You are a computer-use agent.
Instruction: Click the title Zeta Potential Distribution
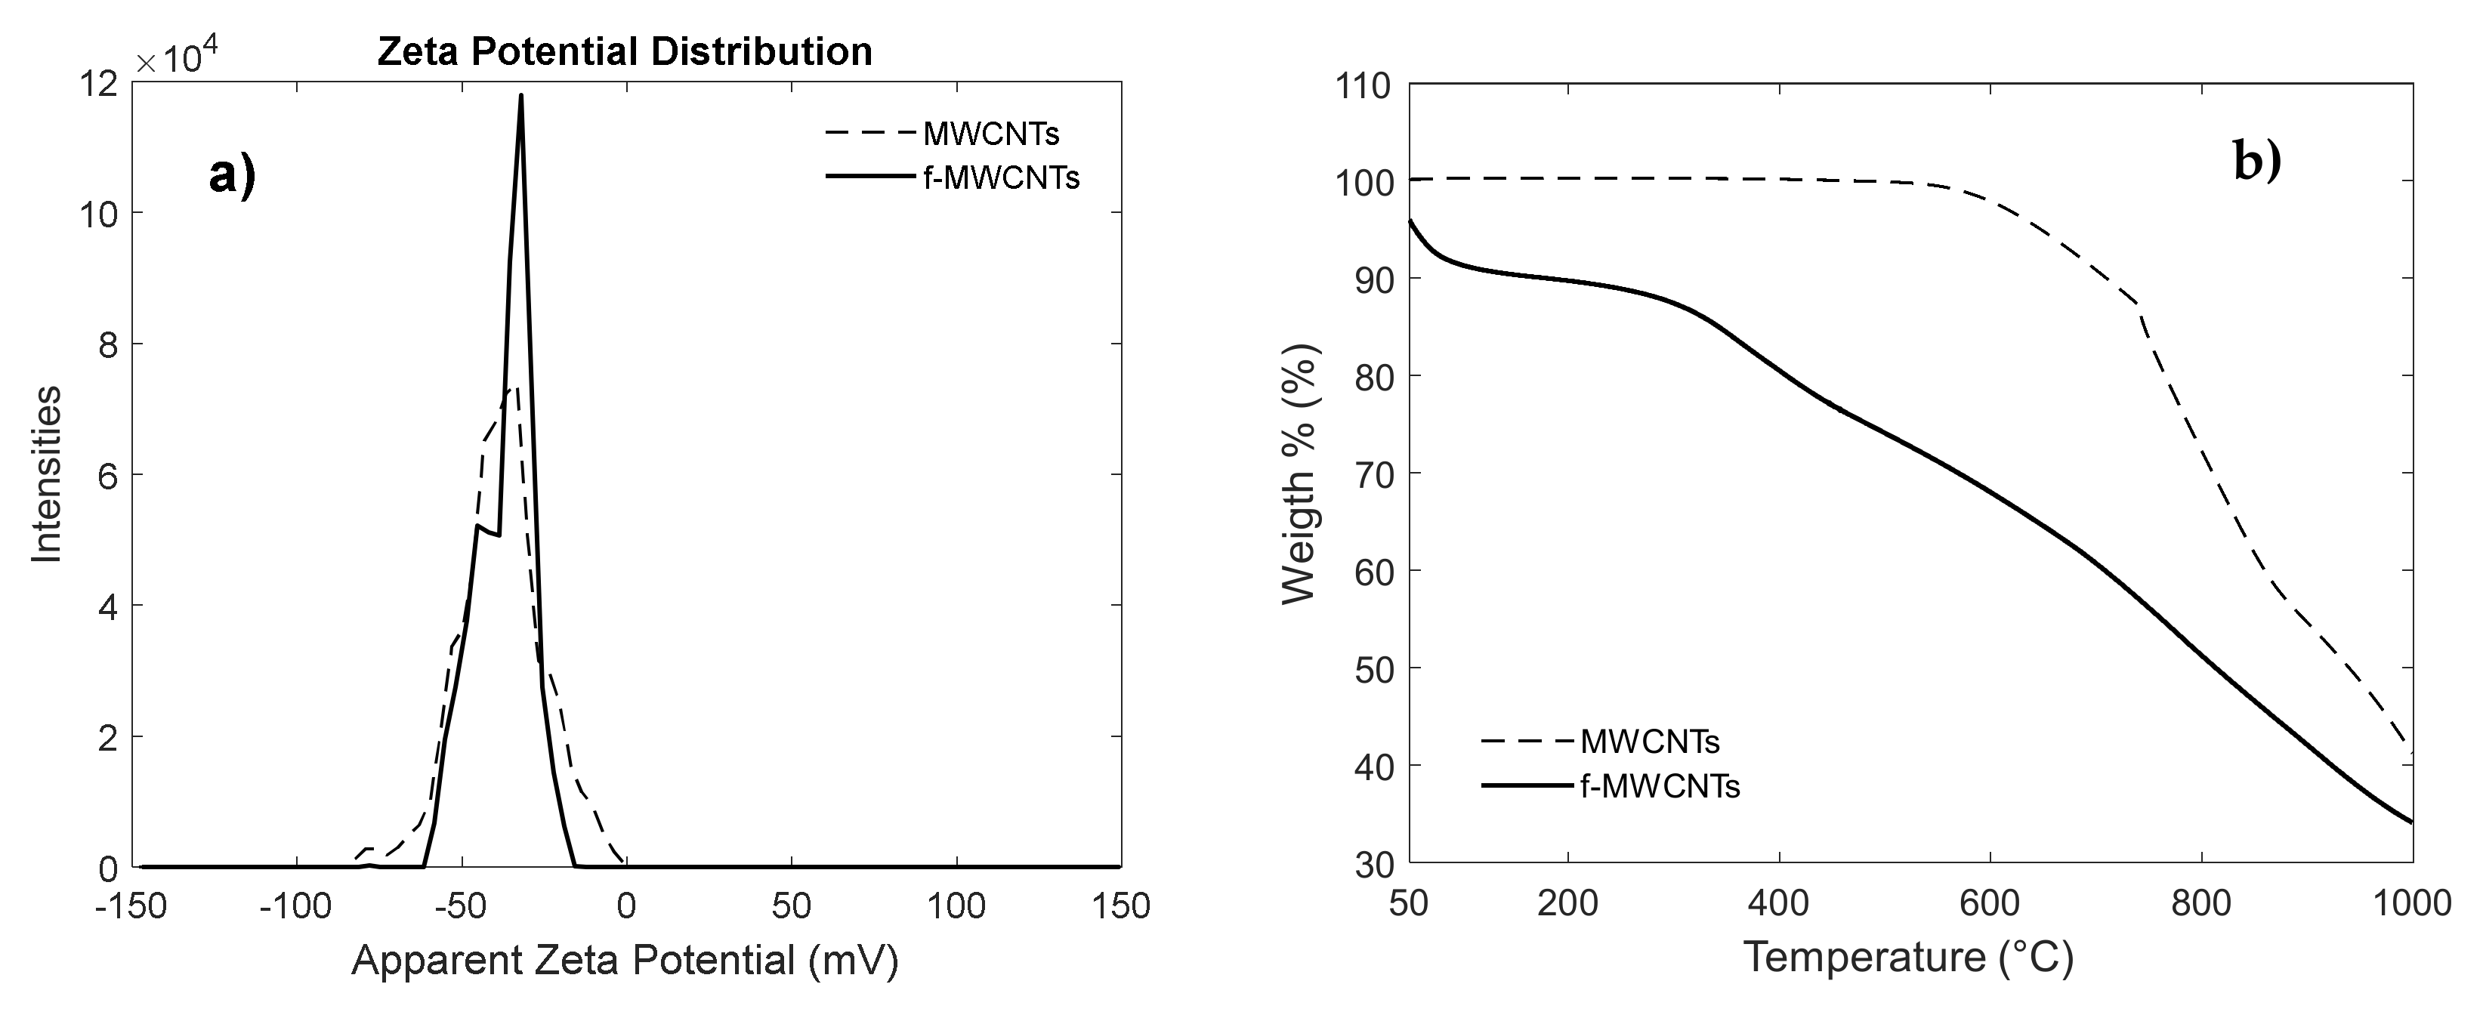pos(624,51)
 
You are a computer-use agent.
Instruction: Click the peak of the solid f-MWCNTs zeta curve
pos(520,94)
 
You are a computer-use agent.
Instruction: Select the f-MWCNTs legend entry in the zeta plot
pos(999,178)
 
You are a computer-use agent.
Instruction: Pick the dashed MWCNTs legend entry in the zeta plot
pos(990,134)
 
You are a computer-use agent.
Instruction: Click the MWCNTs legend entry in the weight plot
pos(1649,742)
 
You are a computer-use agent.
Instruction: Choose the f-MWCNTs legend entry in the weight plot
pos(1659,787)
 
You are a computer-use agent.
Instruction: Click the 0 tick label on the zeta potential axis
pos(626,906)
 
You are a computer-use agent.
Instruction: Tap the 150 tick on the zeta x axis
pos(1120,906)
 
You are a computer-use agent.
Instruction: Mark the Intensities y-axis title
pos(46,474)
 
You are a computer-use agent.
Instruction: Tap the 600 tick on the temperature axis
pos(1990,903)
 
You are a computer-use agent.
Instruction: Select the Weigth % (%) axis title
pos(1300,474)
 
